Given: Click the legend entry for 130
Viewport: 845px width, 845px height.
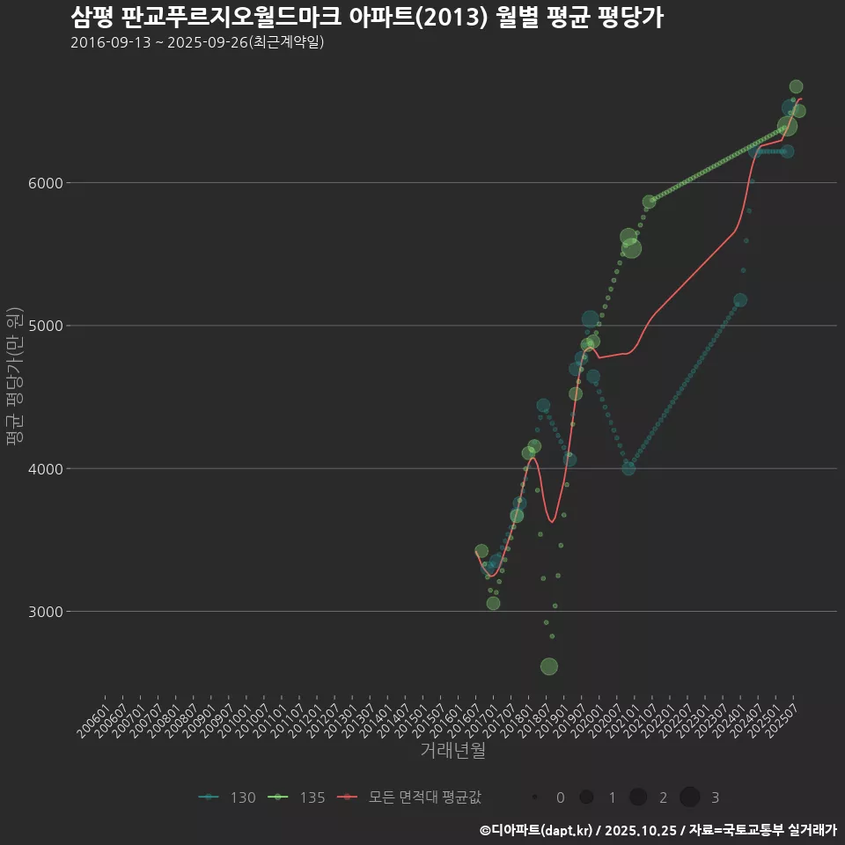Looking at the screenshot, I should [x=227, y=797].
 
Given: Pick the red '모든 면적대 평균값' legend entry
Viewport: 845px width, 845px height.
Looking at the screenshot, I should [x=409, y=797].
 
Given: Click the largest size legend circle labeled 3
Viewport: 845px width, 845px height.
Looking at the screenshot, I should [x=690, y=797].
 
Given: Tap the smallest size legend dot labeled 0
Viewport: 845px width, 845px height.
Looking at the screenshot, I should [x=535, y=797].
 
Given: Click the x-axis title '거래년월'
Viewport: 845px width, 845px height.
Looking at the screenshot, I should [x=452, y=751].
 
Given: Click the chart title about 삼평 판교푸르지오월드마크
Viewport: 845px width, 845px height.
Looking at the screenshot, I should [x=366, y=18].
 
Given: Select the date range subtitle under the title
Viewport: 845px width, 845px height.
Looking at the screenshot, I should [x=197, y=42].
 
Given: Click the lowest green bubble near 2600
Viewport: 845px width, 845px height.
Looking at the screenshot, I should [x=549, y=666].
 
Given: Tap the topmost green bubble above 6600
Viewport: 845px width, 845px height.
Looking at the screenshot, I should [x=796, y=86].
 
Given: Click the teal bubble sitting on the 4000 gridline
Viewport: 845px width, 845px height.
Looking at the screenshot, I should [x=628, y=468].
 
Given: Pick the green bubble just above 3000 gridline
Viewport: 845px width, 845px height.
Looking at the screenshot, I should [x=493, y=603].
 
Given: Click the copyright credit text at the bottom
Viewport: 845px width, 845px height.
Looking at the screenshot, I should [x=658, y=830].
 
